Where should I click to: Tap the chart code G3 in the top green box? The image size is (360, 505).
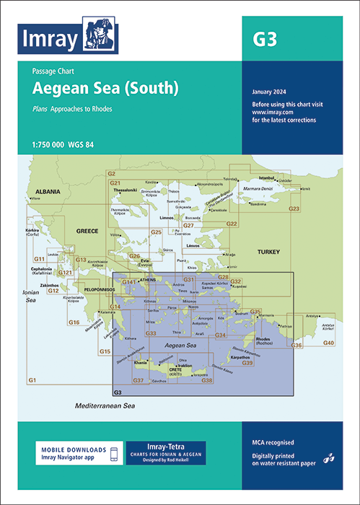pos(263,40)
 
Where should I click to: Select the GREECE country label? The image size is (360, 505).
pos(87,232)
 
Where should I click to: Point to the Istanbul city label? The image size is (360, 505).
pos(267,177)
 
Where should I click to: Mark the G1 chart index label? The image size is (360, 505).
pos(32,380)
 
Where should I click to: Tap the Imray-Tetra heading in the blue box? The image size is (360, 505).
pos(165,446)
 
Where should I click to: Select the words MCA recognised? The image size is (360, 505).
pos(273,442)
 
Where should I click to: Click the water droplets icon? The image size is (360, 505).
pos(330,457)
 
